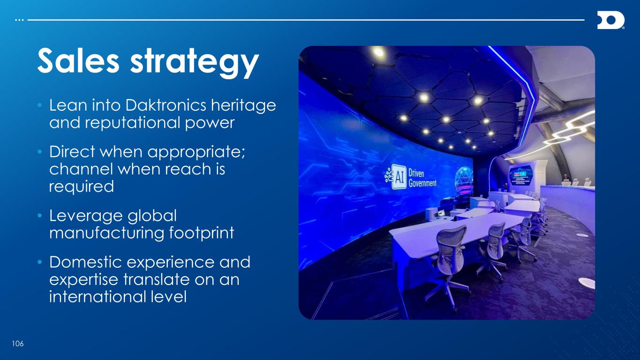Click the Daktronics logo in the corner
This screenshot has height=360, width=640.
610,20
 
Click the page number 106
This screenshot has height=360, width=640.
18,344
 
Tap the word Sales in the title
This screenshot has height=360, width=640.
78,61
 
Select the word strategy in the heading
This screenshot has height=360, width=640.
195,63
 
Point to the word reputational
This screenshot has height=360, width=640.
133,123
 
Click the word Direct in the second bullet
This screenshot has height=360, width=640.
72,151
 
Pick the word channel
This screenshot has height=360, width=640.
81,169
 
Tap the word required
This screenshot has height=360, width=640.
82,187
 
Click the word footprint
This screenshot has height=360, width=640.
202,233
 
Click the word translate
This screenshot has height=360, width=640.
157,279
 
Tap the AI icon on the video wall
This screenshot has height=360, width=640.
396,177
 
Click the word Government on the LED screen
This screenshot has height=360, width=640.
422,183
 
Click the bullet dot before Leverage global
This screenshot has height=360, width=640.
40,215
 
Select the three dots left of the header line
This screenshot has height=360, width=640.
19,20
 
